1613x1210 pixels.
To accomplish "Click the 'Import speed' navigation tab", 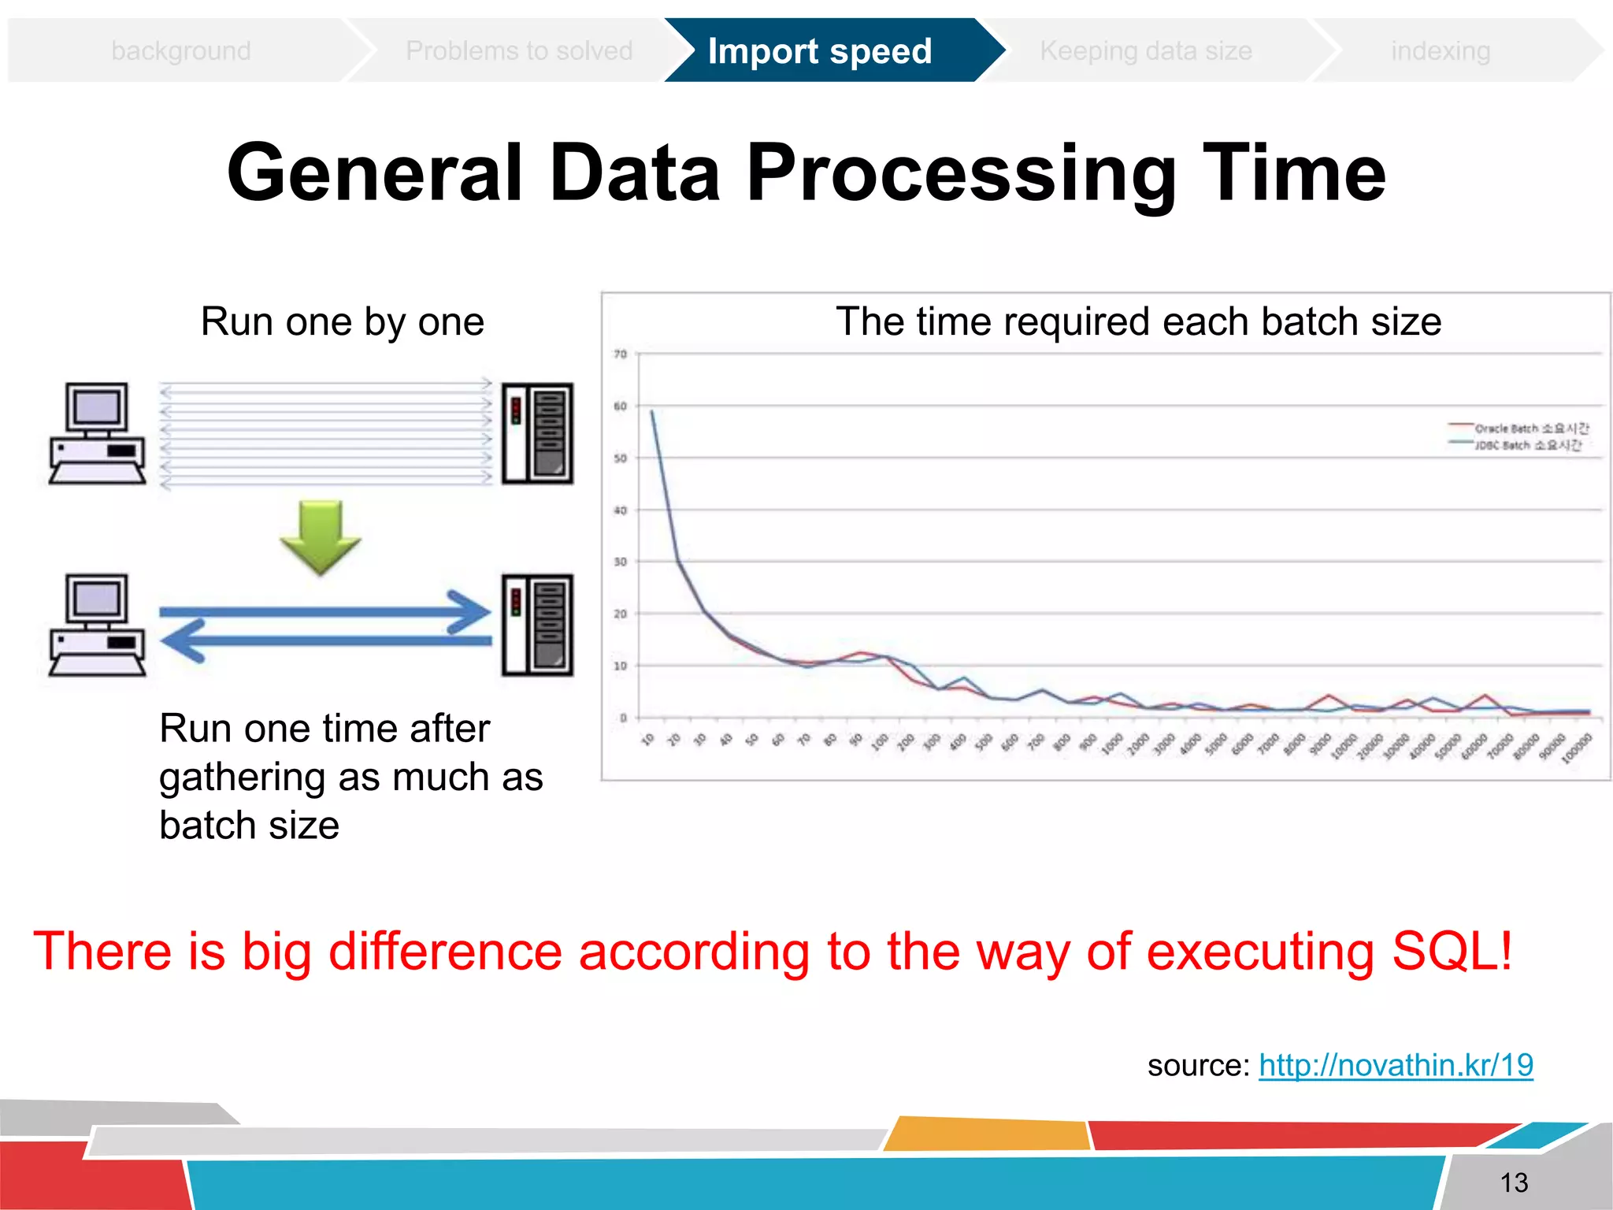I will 819,51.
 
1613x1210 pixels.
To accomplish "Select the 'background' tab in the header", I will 181,51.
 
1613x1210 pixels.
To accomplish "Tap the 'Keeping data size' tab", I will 1145,51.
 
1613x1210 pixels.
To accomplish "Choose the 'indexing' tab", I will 1440,51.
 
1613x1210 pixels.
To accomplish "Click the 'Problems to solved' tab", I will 518,51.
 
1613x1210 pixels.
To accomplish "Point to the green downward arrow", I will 321,536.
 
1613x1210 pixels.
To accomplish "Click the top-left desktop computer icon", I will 97,433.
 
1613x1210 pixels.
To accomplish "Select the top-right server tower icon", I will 537,433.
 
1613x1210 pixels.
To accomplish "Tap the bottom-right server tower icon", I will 537,625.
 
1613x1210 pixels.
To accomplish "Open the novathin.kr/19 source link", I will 1396,1065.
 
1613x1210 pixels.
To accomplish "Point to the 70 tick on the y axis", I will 621,354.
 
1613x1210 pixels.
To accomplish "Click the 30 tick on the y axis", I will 621,562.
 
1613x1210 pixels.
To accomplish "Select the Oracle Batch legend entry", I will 1520,429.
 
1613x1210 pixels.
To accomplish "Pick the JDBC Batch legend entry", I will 1517,445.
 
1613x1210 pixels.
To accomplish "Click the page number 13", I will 1513,1182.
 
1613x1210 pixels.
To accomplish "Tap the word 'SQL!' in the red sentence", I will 1452,952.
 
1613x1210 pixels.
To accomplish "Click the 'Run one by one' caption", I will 342,321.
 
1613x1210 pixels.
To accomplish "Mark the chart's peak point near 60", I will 651,411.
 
